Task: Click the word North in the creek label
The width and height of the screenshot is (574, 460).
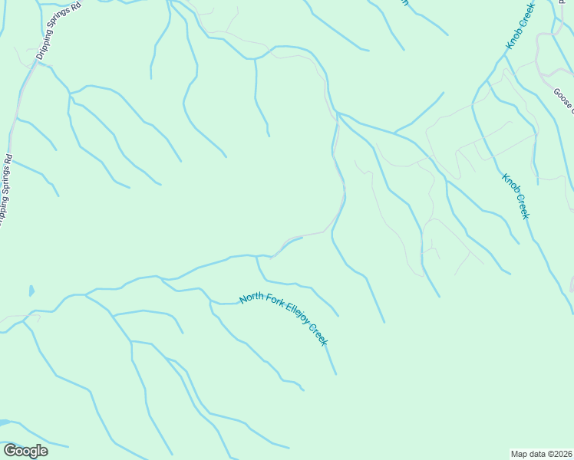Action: [252, 297]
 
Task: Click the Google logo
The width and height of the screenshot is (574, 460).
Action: [25, 451]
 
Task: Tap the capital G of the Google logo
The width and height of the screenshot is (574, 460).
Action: [10, 451]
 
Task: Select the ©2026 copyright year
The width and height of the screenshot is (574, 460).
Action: [560, 453]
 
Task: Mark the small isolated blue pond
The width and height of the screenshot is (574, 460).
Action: [31, 291]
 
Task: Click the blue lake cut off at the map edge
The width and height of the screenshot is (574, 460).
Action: [4, 422]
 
